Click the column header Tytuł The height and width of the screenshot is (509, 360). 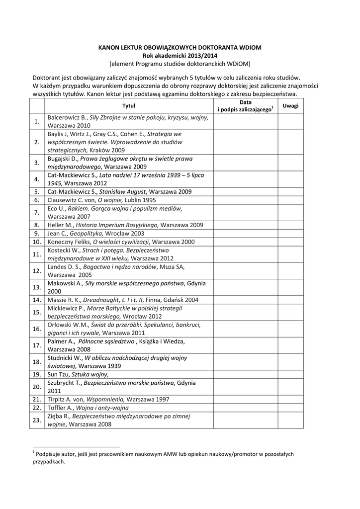click(129, 105)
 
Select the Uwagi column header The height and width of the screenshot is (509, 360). click(290, 105)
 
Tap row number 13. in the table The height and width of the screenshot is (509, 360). click(36, 287)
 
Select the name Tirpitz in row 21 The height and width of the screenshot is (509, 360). click(57, 399)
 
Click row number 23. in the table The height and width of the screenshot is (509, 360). click(36, 420)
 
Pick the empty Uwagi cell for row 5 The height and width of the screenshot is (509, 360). click(290, 191)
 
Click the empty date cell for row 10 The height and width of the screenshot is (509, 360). click(246, 242)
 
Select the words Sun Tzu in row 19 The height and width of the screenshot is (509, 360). click(59, 374)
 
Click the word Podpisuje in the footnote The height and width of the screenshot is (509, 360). click(49, 454)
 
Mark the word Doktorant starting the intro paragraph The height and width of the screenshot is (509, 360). click(48, 78)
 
